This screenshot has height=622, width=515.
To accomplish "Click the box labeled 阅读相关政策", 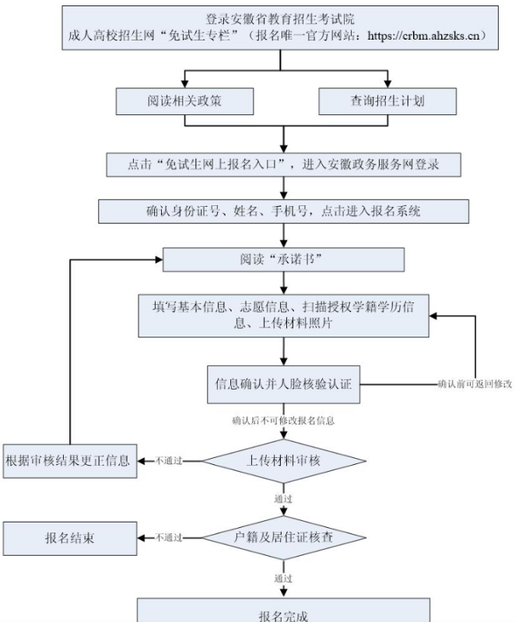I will click(184, 100).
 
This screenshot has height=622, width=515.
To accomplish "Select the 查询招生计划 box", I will click(387, 100).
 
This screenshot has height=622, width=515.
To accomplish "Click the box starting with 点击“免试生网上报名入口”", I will click(284, 165).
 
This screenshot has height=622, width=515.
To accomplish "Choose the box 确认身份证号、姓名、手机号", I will click(284, 211).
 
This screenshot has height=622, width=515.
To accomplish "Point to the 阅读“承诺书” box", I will click(283, 259).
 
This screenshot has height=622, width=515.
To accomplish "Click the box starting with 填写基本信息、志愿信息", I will click(283, 315).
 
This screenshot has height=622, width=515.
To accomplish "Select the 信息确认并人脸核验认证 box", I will click(283, 383).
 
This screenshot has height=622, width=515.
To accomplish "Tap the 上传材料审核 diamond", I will click(283, 460).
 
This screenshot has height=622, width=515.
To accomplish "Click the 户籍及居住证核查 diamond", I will click(284, 536).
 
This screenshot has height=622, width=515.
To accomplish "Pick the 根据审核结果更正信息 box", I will click(68, 460).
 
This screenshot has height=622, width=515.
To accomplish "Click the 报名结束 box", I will click(69, 537).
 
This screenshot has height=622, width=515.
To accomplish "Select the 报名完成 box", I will click(283, 614).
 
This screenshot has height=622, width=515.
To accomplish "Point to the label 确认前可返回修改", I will click(475, 384).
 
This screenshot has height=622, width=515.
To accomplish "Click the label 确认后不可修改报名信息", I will click(283, 421).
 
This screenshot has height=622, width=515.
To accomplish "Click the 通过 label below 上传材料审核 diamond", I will click(283, 498).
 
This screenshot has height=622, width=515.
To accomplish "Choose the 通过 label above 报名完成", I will click(283, 578).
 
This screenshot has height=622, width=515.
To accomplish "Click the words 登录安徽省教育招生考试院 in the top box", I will click(280, 19).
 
